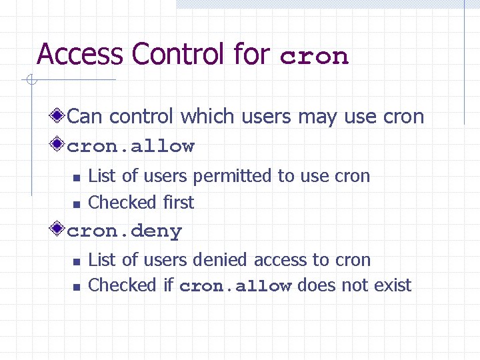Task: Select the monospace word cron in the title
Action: pos(314,56)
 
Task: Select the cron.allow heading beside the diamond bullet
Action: pos(131,146)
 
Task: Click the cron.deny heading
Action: pos(125,231)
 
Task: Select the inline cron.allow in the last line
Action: pos(235,287)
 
